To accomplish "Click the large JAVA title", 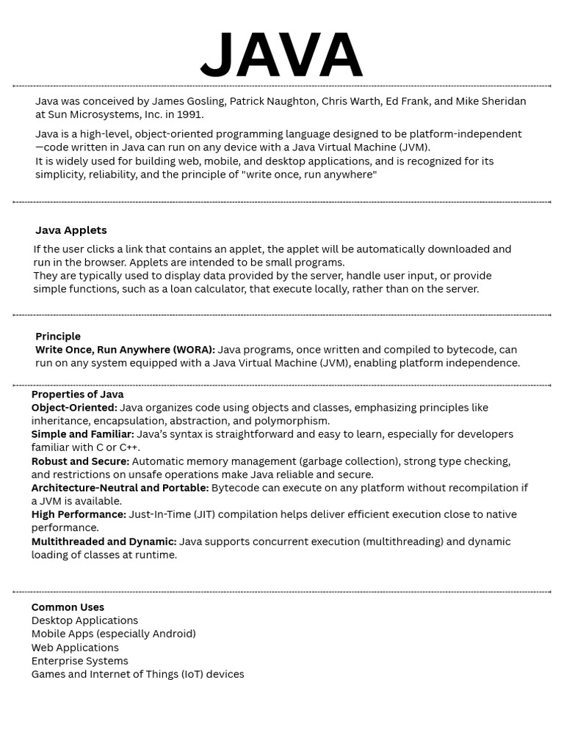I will [281, 55].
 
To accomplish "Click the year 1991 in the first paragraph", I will [191, 114].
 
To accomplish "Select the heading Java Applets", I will [71, 230].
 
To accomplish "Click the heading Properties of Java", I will [77, 395].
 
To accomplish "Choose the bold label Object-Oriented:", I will [74, 408].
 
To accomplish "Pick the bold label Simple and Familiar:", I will [82, 434].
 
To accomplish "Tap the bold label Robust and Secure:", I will [80, 461].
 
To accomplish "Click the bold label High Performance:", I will [79, 515].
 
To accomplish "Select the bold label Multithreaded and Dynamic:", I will [104, 542].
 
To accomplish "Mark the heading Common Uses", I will [68, 607].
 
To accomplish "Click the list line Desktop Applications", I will [84, 620].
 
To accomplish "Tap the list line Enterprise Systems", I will [79, 661].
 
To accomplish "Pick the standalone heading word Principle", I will [58, 337].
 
